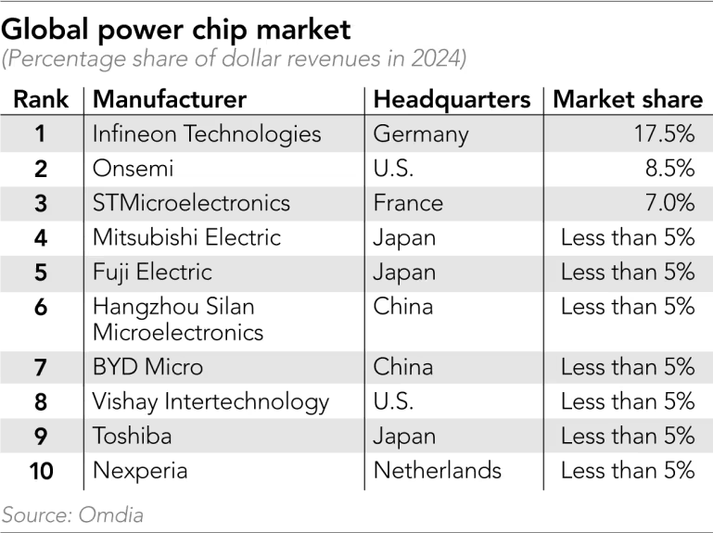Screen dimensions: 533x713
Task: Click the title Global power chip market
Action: [x=176, y=29]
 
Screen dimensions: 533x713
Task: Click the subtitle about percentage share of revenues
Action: [x=235, y=60]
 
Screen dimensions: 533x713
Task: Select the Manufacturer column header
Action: [x=170, y=100]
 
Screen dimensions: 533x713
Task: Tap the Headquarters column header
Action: [x=452, y=100]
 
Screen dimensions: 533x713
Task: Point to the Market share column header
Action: [x=628, y=100]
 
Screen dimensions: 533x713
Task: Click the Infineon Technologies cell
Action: [x=207, y=134]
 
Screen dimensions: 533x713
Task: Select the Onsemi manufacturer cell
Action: [x=134, y=169]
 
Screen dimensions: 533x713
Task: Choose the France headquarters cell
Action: [x=408, y=203]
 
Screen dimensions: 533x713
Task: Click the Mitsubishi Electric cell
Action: [x=186, y=237]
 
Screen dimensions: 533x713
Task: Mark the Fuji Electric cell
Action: [x=152, y=272]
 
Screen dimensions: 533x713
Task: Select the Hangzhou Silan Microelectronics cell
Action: [x=178, y=318]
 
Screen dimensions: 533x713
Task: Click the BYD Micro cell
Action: [x=147, y=366]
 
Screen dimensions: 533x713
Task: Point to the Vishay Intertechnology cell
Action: [x=210, y=401]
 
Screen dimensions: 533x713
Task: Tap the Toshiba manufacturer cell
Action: [x=132, y=436]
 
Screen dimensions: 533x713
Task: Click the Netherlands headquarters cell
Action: [x=437, y=470]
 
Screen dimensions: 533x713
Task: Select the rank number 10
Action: [x=41, y=470]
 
